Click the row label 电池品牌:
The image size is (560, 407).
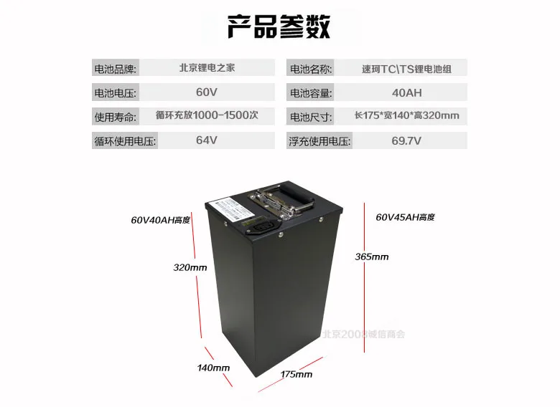(x=115, y=70)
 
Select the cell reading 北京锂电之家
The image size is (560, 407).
(x=207, y=69)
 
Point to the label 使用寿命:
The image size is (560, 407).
(x=115, y=117)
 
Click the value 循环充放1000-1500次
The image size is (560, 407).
(x=207, y=116)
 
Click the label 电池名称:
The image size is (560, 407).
(x=310, y=70)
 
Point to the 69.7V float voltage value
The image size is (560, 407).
(x=406, y=140)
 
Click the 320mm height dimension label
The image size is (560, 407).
(x=190, y=267)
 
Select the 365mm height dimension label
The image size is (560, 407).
(x=372, y=257)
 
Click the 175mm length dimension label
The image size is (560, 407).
(x=296, y=373)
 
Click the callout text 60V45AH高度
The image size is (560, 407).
(x=405, y=216)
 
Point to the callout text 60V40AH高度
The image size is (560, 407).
(x=161, y=220)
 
